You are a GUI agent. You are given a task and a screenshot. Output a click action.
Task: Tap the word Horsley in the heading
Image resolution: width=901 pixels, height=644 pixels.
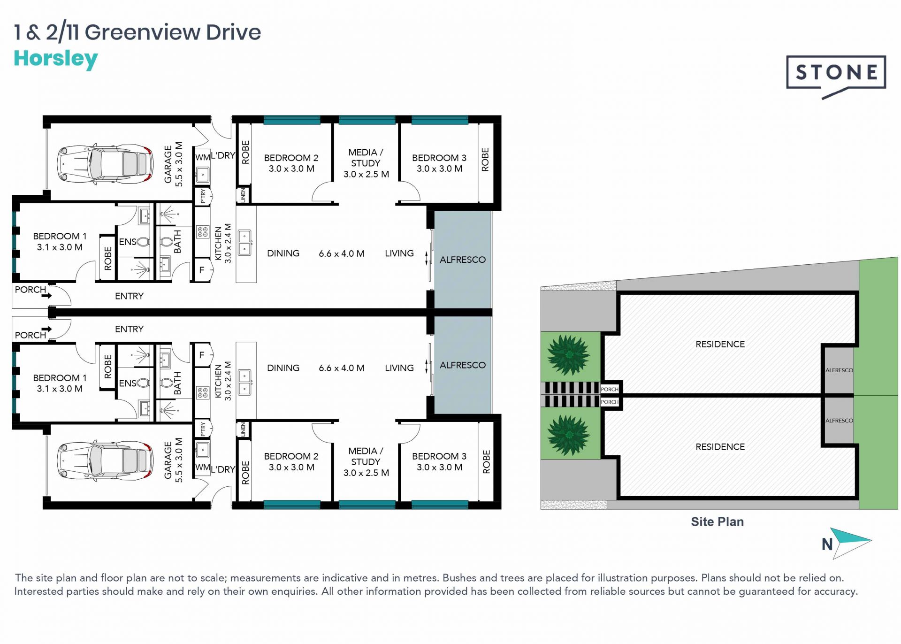56,59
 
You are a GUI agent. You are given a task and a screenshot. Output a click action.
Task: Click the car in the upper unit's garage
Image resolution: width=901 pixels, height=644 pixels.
105,164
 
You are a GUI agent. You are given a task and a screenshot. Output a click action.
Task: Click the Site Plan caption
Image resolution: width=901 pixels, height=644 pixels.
717,521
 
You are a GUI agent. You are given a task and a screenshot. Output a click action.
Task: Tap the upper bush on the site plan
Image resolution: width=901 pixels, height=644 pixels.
569,355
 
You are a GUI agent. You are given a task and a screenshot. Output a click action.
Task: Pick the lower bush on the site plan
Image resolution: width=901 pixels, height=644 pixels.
569,435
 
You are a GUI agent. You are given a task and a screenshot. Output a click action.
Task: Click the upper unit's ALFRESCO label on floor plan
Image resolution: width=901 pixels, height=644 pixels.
462,260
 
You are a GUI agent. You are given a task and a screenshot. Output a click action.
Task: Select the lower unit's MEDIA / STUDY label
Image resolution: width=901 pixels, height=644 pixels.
366,461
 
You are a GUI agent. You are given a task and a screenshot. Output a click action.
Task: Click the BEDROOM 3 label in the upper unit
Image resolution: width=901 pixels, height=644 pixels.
439,158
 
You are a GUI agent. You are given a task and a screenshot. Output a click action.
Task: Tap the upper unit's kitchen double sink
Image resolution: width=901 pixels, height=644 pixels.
244,242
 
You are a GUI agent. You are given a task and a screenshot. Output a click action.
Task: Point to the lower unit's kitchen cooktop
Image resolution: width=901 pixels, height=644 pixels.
203,392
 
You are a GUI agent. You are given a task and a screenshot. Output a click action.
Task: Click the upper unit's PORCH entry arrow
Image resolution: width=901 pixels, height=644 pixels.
46,296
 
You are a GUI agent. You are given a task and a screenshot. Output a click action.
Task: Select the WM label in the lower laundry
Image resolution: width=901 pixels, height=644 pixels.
202,467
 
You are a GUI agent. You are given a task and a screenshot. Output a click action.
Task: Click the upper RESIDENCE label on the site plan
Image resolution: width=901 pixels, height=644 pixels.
720,344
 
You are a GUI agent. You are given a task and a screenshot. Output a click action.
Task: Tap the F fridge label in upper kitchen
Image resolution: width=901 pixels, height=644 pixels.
202,270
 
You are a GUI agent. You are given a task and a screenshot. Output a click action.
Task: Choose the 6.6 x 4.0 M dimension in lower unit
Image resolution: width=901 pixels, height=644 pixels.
342,368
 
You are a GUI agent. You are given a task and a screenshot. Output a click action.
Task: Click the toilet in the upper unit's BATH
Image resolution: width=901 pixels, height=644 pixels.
166,242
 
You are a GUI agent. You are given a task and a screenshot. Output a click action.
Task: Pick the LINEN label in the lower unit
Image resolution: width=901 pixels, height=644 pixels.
243,429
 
